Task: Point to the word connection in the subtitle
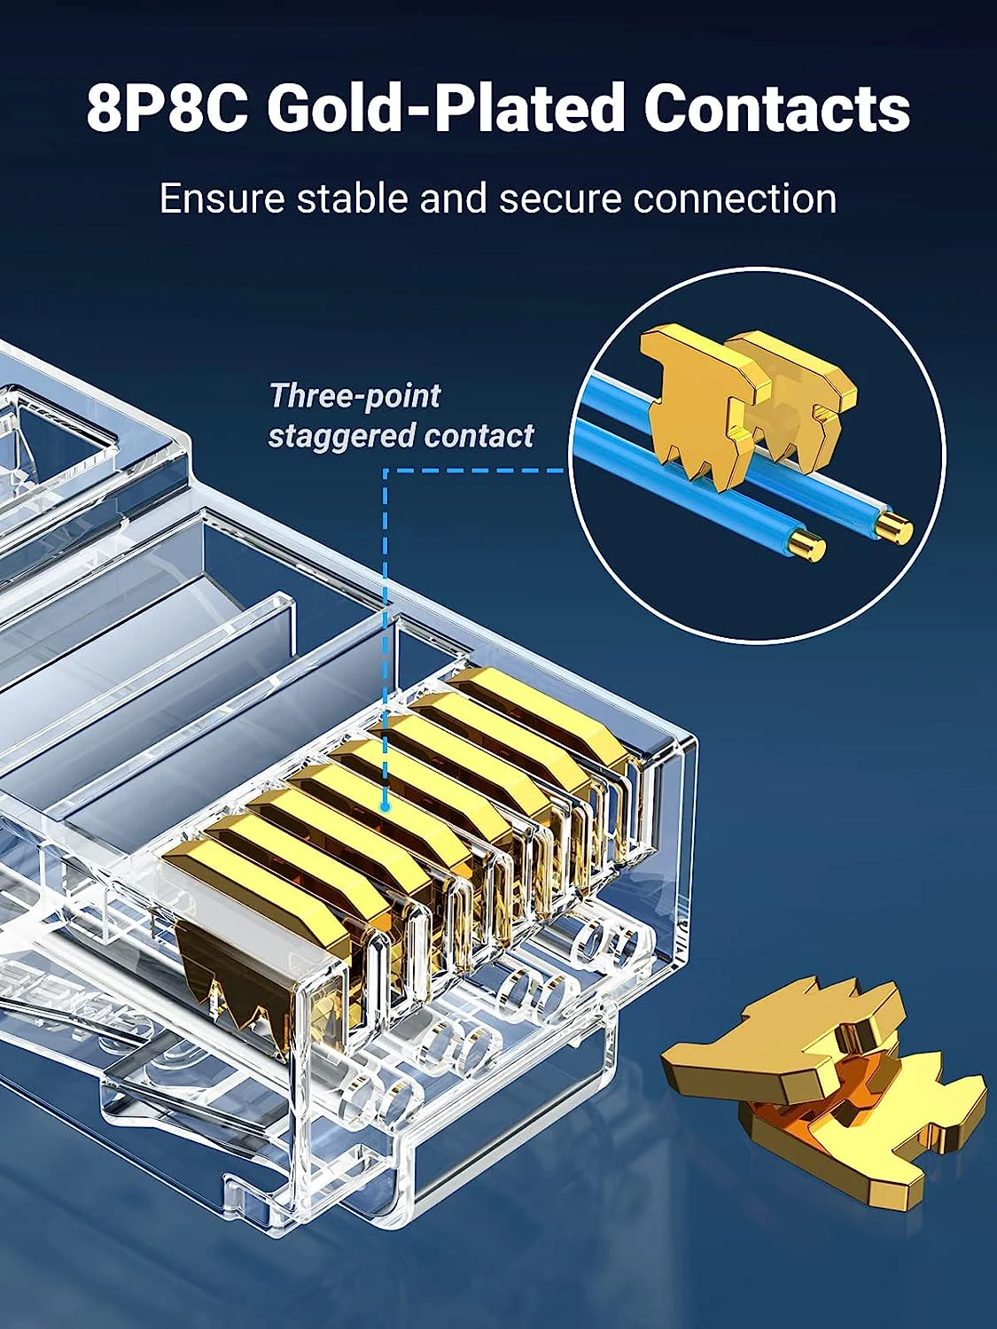coord(735,199)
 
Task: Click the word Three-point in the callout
coord(355,396)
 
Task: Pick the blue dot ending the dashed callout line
coord(385,806)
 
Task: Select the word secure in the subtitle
coord(557,199)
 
